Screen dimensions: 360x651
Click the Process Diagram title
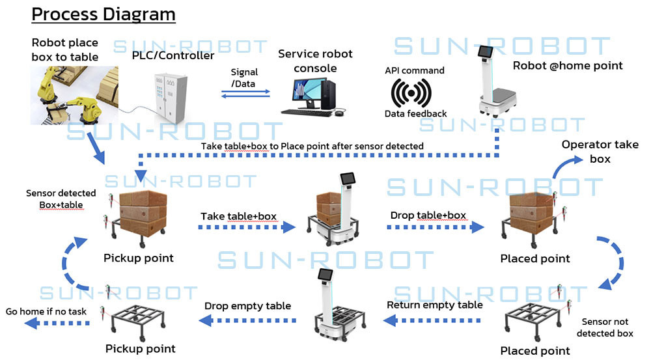[x=104, y=14]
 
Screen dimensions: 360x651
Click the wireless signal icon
[x=411, y=93]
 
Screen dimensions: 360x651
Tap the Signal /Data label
[x=244, y=77]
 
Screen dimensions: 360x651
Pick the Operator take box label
[x=600, y=151]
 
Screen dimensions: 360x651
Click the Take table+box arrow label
[x=239, y=216]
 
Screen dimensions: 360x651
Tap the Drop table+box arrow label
[x=428, y=215]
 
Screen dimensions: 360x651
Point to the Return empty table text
[x=435, y=305]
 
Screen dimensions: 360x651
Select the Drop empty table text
[x=247, y=306]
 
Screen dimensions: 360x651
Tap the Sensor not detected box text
[x=605, y=327]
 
